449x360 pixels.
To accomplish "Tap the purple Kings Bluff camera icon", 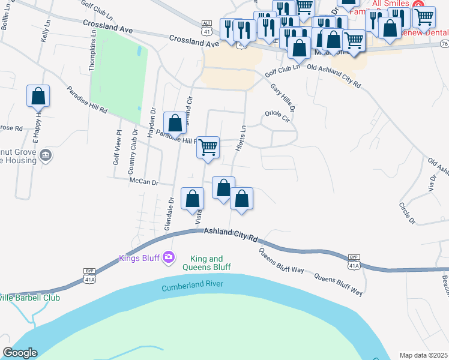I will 169,257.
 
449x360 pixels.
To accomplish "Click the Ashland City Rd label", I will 231,234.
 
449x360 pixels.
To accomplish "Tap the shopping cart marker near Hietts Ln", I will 208,147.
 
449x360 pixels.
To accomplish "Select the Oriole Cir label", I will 278,116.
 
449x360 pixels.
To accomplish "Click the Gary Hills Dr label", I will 283,97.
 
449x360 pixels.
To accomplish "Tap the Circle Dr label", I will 407,213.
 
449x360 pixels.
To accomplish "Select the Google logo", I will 20,353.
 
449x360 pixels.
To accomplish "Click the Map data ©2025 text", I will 423,355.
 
